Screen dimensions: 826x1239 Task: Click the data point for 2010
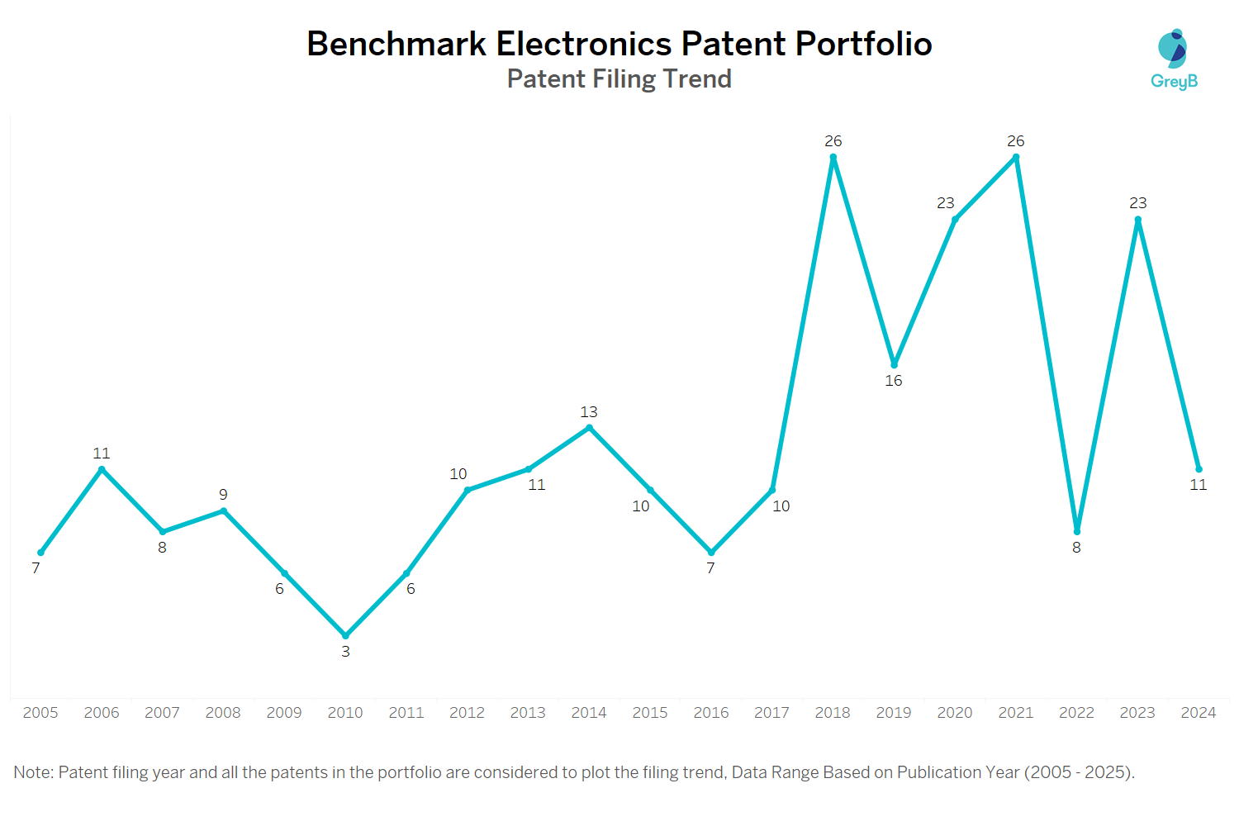[x=345, y=635]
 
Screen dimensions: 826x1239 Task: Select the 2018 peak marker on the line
[x=833, y=157]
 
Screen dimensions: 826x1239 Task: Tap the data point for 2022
[x=1076, y=531]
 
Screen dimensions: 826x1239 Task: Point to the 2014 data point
[x=589, y=428]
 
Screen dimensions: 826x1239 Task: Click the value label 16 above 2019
[x=894, y=381]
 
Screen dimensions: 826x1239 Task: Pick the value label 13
[x=589, y=411]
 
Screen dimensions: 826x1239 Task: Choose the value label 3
[x=345, y=652]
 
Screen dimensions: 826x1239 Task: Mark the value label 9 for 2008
[x=223, y=494]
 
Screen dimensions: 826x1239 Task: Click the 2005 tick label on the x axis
[x=40, y=713]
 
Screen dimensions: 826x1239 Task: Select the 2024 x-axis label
[x=1198, y=713]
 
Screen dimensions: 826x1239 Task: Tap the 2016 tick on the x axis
[x=710, y=713]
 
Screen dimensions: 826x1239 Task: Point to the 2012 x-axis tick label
[x=467, y=713]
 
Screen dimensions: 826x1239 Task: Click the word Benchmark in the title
[x=396, y=44]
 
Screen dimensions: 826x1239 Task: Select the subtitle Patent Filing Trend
[x=619, y=78]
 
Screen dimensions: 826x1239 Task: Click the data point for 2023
[x=1137, y=220]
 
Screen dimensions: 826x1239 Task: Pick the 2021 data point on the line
[x=1016, y=157]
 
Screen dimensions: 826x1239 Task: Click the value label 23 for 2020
[x=946, y=203]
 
